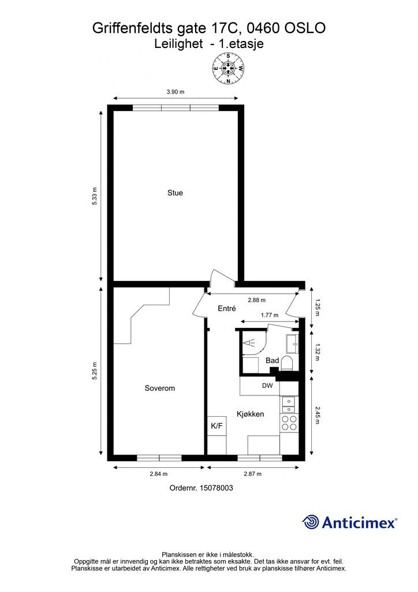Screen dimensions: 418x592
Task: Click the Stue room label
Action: pyautogui.click(x=175, y=193)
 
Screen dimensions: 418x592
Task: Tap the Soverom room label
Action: pyautogui.click(x=160, y=388)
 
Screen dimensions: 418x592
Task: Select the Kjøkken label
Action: pyautogui.click(x=250, y=414)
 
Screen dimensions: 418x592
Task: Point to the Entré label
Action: pyautogui.click(x=227, y=309)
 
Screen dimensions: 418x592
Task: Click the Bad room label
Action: pyautogui.click(x=272, y=361)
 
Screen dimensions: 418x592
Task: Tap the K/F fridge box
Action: pyautogui.click(x=217, y=426)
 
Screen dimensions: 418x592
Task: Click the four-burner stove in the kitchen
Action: pyautogui.click(x=289, y=423)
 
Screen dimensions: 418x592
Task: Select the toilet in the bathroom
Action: pyautogui.click(x=287, y=363)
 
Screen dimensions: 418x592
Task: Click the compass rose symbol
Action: pyautogui.click(x=228, y=69)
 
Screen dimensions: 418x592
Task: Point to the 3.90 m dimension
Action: pyautogui.click(x=176, y=92)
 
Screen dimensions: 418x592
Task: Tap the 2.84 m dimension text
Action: pyautogui.click(x=158, y=474)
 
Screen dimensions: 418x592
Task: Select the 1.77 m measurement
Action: pyautogui.click(x=270, y=315)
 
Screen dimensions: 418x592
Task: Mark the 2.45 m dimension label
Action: pyautogui.click(x=317, y=415)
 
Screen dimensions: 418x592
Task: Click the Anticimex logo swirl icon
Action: pyautogui.click(x=310, y=522)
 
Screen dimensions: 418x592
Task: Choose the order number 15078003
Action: pyautogui.click(x=216, y=488)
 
